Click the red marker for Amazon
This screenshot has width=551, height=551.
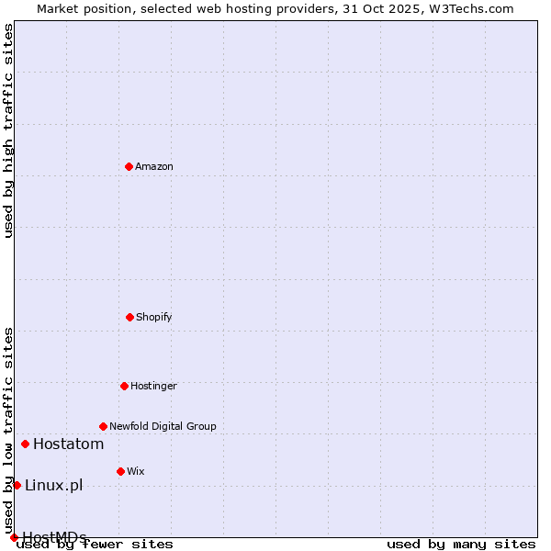pos(129,166)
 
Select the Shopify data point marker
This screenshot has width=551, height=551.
pos(129,317)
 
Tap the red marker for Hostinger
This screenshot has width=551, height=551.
pos(124,386)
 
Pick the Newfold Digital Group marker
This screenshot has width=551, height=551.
pos(103,426)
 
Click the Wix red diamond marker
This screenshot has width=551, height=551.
pos(120,471)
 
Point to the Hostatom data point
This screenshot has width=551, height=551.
pos(25,444)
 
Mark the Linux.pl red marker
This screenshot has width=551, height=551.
pos(17,485)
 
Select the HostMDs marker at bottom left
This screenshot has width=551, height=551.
pos(14,537)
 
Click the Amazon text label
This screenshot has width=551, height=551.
pos(154,166)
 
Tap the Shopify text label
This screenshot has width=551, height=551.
pos(154,317)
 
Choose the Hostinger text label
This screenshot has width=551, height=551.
pos(153,386)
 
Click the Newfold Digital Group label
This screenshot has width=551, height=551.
pos(163,426)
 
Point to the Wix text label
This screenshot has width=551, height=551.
pos(136,471)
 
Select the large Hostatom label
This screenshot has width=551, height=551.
pos(68,444)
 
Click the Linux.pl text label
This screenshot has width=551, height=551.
pos(53,485)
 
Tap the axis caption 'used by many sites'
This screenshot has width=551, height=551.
pos(461,544)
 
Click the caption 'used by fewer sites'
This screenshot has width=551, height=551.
pos(96,545)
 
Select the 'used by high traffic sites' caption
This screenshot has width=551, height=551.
pos(8,130)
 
